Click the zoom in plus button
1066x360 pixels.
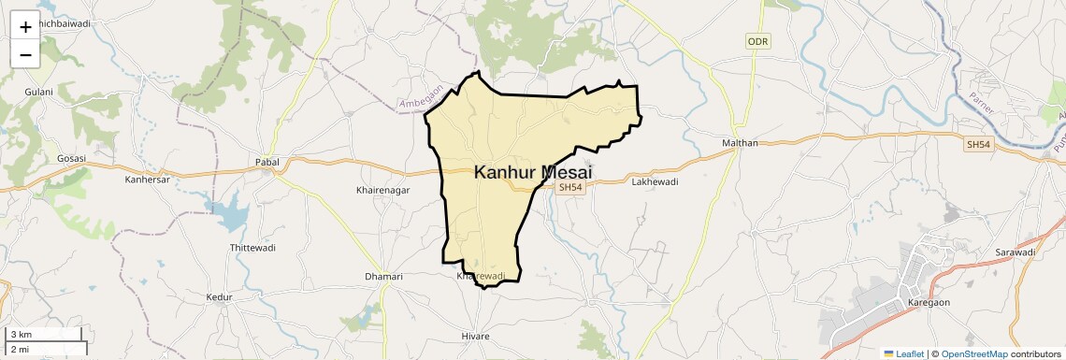coord(25,26)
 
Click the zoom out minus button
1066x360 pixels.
coord(25,54)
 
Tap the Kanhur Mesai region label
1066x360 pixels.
coord(533,172)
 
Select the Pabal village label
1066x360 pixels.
coord(267,162)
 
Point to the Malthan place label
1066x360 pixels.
coord(740,143)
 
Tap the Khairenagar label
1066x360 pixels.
coord(383,190)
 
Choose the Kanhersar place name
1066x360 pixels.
coord(148,179)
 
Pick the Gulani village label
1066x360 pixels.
coord(39,92)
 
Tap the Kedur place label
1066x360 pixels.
coord(218,297)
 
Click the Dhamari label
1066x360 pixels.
coord(383,277)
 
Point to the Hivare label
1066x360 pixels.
coord(475,335)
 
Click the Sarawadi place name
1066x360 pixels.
coord(1016,252)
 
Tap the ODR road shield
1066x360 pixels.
coord(757,42)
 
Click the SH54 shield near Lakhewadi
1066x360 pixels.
coord(570,188)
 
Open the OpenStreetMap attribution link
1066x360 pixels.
coord(974,353)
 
